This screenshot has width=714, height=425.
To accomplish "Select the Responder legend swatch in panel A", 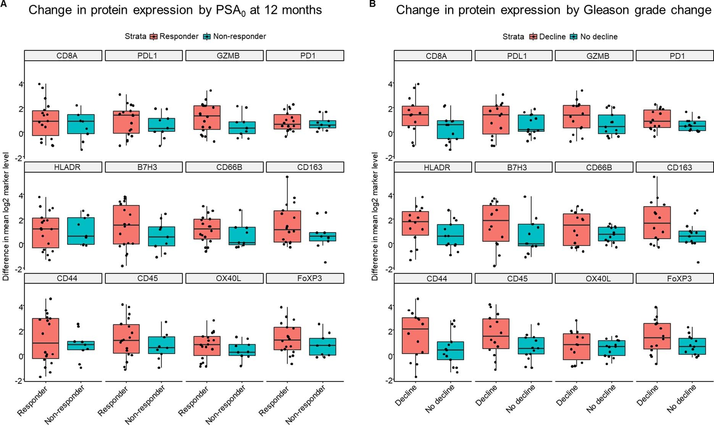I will point(153,37).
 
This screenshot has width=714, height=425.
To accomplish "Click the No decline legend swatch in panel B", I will point(574,37).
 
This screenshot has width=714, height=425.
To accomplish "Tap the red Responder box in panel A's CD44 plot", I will point(45,338).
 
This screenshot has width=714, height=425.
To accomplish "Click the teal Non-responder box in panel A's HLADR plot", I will point(81,231).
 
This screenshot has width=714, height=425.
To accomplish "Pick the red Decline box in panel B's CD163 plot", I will point(657,223).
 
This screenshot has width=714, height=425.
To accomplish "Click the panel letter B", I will point(372,3).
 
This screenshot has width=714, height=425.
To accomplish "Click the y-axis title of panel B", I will point(375,216).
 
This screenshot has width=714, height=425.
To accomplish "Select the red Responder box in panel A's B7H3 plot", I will point(126,225).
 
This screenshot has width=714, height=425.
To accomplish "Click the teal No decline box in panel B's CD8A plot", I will point(450,129).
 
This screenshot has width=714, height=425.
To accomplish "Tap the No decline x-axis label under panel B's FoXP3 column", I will point(682,399).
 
